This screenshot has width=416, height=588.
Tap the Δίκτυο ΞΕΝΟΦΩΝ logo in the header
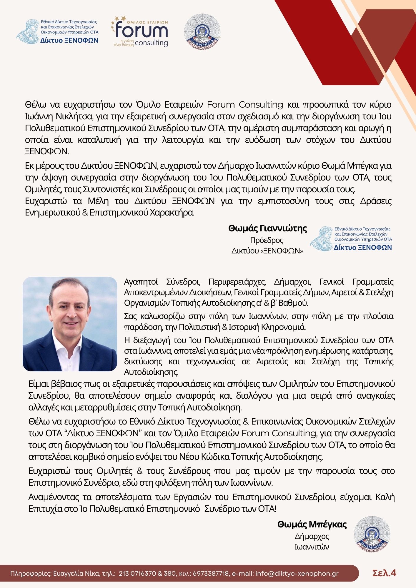coord(58,32)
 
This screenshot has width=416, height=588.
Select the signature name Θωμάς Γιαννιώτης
coord(267,228)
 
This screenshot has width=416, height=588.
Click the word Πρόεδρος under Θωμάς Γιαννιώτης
coord(267,240)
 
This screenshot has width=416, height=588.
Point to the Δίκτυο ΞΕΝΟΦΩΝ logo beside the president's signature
coord(351,238)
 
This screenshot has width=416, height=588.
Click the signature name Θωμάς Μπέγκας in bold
coord(312,524)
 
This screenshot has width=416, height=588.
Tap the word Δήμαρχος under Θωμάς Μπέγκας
coord(312,536)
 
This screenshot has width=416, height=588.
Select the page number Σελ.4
coord(384,573)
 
